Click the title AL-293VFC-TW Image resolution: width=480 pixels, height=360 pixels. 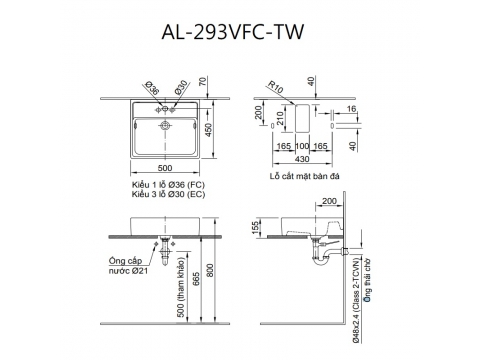pos(232,32)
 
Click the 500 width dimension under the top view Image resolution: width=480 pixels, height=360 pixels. pos(165,168)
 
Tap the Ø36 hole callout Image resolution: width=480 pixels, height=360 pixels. pos(152,89)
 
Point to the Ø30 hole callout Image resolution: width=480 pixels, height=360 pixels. pos(182,87)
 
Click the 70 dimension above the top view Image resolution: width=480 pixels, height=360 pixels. pos(203,82)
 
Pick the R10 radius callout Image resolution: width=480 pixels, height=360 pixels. pos(276,87)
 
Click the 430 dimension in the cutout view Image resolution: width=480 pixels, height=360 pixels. pos(302,159)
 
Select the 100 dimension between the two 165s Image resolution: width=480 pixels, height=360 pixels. pos(302,146)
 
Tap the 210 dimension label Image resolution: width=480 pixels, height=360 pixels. pos(280,119)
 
